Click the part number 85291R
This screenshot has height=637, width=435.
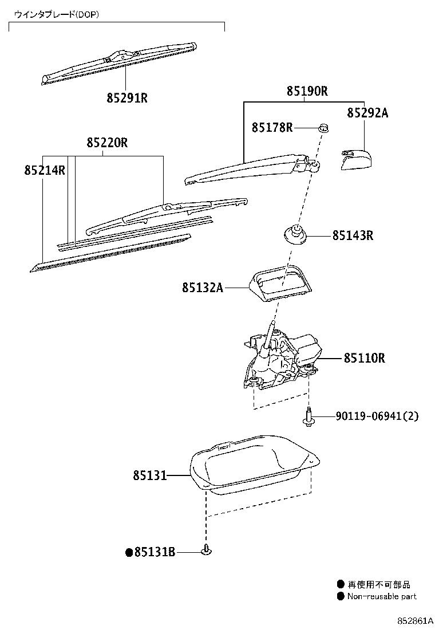point(127,98)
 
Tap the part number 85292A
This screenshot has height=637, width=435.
point(367,113)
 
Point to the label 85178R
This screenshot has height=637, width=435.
point(272,127)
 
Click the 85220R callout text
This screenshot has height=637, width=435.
point(107,143)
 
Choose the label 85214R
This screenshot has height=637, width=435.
point(45,170)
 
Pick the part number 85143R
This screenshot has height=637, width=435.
point(353,235)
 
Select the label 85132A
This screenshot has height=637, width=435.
point(202,288)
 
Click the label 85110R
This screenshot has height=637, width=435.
point(364,358)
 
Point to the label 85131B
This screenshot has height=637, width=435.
point(154,552)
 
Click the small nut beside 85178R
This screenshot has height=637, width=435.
point(323,127)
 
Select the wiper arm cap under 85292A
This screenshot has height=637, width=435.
point(354,159)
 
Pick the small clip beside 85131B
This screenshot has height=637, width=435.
point(206,551)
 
